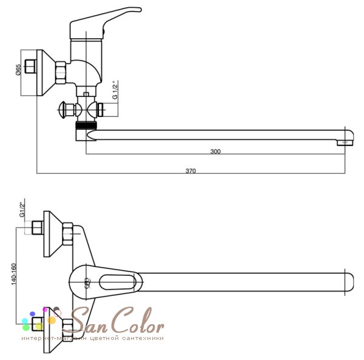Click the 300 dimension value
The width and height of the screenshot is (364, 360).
click(x=215, y=152)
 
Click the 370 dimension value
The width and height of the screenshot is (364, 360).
click(x=190, y=171)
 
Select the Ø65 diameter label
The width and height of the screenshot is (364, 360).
click(x=18, y=70)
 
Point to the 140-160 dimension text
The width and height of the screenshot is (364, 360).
click(x=15, y=274)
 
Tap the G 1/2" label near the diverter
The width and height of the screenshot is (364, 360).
click(x=115, y=90)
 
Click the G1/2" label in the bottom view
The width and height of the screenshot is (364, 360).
click(x=22, y=210)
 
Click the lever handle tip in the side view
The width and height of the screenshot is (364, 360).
click(x=138, y=10)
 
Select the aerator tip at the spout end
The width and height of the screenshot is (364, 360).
click(x=345, y=142)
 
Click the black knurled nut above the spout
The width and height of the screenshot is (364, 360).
click(x=86, y=125)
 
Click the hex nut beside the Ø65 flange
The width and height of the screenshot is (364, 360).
click(x=61, y=72)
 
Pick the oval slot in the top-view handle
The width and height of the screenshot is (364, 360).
click(x=117, y=282)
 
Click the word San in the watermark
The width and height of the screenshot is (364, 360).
click(x=88, y=321)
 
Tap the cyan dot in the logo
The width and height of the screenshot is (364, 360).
click(x=25, y=321)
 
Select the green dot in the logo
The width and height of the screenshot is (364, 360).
click(x=26, y=327)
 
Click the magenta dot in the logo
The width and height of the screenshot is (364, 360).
click(x=45, y=310)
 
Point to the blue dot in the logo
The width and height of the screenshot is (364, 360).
click(x=33, y=314)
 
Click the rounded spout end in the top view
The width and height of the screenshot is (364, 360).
click(x=350, y=282)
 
